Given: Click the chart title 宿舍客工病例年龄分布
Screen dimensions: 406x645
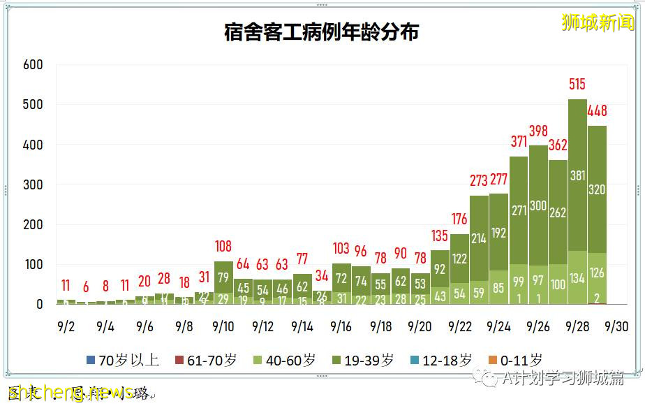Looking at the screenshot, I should tap(322, 32).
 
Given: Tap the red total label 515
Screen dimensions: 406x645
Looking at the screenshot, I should tap(577, 85).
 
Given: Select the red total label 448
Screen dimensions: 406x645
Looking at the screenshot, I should tap(598, 111).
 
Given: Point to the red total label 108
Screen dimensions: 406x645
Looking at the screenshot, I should tap(223, 247).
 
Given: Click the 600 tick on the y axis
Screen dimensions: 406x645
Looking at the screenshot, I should tap(33, 65).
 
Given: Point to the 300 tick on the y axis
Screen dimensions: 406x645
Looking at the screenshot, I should tap(33, 185).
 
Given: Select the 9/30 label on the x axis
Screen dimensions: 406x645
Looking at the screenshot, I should tap(616, 326).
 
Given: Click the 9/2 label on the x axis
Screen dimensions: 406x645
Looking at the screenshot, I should tap(66, 326).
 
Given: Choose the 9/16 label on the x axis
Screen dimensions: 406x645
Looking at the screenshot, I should tap(341, 326).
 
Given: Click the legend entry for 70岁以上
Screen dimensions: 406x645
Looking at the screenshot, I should tap(123, 361).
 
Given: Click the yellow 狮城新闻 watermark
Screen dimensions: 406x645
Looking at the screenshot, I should tap(598, 22).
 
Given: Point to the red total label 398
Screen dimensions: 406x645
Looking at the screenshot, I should tap(538, 131).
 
